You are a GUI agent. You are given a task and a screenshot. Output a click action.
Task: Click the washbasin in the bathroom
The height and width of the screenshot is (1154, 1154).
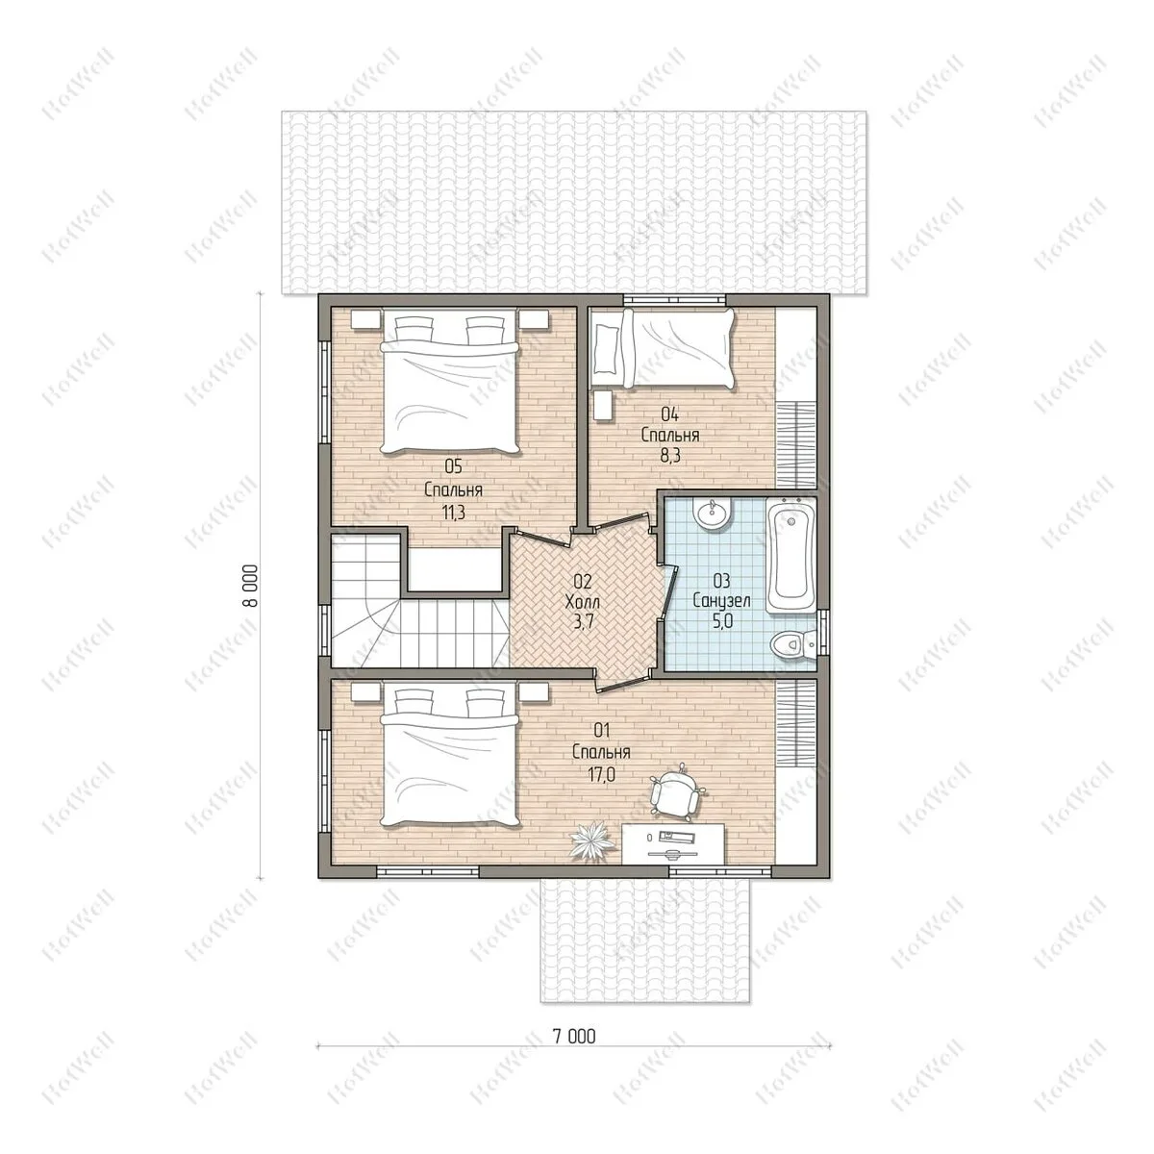click(x=712, y=514)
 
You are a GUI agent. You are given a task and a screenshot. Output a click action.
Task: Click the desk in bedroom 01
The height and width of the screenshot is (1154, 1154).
click(x=673, y=843)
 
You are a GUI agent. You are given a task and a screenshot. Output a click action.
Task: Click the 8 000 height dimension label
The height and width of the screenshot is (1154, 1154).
click(x=251, y=586)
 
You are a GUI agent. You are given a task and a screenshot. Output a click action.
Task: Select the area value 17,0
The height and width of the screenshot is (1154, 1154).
click(x=601, y=774)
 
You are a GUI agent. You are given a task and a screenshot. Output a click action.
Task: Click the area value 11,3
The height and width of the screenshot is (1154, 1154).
click(x=453, y=513)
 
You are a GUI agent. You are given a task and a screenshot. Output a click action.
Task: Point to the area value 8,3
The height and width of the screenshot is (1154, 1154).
click(x=670, y=457)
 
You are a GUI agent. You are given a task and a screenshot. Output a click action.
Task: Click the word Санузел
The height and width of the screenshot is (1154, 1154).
click(x=721, y=601)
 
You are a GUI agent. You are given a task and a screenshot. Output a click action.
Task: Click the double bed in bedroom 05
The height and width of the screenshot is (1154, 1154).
click(x=450, y=381)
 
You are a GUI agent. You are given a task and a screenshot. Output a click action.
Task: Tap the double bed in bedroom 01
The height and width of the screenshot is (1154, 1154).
click(x=450, y=758)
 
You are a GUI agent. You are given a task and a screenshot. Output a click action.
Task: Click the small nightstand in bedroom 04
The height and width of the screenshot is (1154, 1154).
click(x=602, y=406)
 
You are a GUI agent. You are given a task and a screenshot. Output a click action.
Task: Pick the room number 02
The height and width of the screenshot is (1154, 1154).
click(x=583, y=580)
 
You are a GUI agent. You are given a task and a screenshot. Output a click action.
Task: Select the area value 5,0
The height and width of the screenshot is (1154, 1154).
click(x=721, y=622)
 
